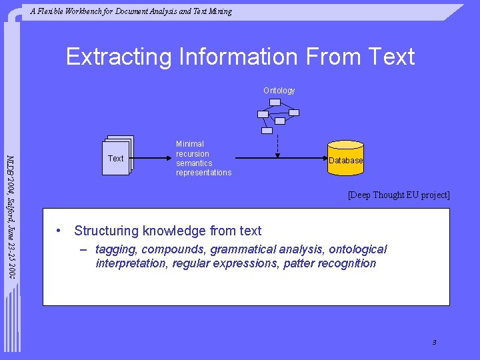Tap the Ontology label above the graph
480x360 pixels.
click(x=279, y=90)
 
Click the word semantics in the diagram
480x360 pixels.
click(x=194, y=163)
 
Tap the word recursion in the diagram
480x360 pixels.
click(x=193, y=154)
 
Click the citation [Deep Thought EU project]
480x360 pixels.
click(x=399, y=195)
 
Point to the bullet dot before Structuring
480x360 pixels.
click(x=59, y=231)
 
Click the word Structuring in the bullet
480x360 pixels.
click(x=105, y=231)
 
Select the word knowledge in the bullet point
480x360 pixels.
click(x=173, y=231)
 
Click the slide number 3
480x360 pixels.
click(x=434, y=342)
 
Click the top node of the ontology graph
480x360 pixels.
click(x=275, y=102)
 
